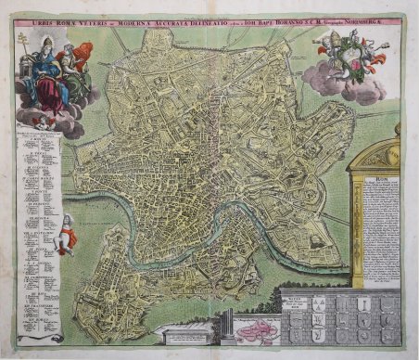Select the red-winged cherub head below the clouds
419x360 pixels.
coord(40,122)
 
